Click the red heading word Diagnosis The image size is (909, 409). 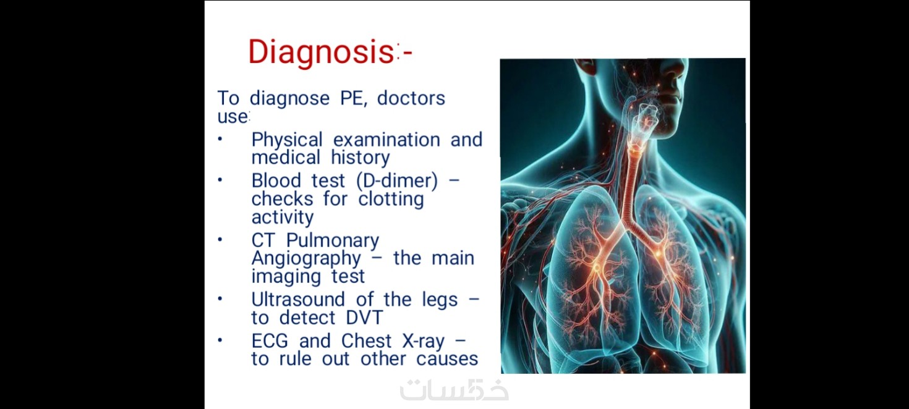pyautogui.click(x=321, y=53)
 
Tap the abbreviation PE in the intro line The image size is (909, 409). pyautogui.click(x=353, y=98)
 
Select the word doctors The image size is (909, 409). pyautogui.click(x=411, y=98)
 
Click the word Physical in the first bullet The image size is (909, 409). pyautogui.click(x=287, y=140)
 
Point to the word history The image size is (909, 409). pyautogui.click(x=361, y=158)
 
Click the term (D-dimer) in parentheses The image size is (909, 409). pyautogui.click(x=397, y=181)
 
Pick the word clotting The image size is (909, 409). pyautogui.click(x=391, y=199)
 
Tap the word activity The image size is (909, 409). pyautogui.click(x=283, y=217)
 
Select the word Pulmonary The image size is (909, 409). pyautogui.click(x=333, y=241)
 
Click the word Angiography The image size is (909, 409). pyautogui.click(x=306, y=259)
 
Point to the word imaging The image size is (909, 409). pyautogui.click(x=286, y=276)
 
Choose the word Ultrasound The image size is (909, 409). pyautogui.click(x=298, y=300)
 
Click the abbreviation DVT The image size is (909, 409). pyautogui.click(x=364, y=318)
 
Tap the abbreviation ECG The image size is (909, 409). pyautogui.click(x=270, y=341)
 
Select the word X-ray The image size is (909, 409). pyautogui.click(x=423, y=342)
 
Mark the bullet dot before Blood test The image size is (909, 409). pyautogui.click(x=220, y=180)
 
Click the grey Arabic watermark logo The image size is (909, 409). pyautogui.click(x=454, y=390)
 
